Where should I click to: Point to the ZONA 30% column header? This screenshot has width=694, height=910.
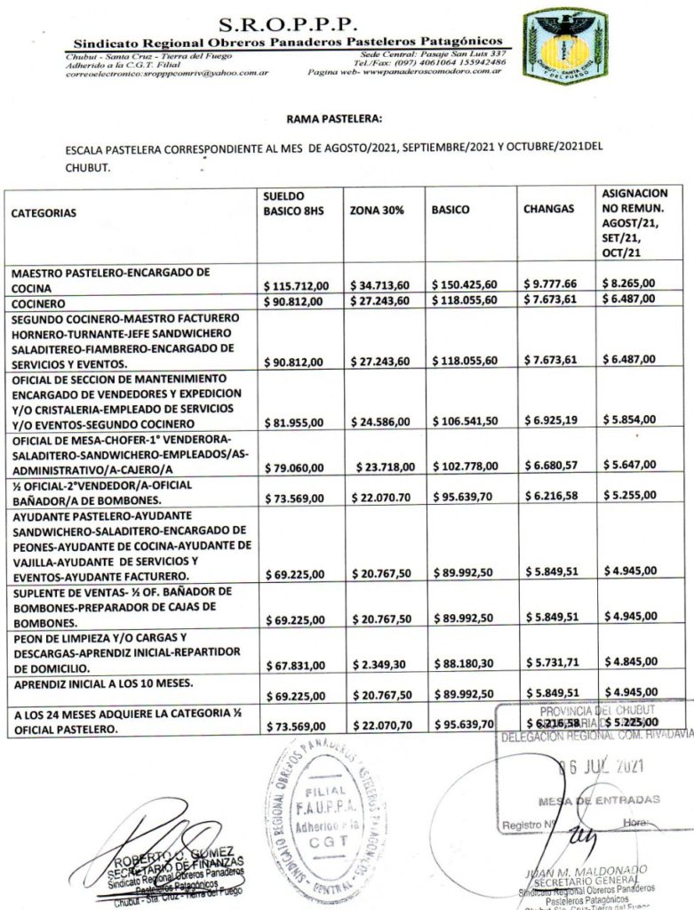(378, 212)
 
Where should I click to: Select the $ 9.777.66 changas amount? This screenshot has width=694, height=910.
(552, 284)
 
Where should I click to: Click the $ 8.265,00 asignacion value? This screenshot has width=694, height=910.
(629, 283)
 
